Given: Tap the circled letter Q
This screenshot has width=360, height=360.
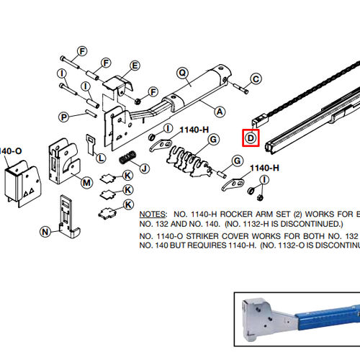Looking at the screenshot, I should point(182,72).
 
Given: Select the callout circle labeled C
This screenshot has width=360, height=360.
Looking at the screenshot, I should point(255,78).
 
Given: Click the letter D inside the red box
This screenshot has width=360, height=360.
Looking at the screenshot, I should point(250,138).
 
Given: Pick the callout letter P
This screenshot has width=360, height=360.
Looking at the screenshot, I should point(64,117).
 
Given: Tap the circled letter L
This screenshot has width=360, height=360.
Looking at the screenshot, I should point(101,157).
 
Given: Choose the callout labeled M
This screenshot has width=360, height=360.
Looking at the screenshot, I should point(86,182).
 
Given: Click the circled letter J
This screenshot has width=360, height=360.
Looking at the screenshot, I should point(144,169).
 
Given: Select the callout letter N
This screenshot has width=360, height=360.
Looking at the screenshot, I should point(45,231).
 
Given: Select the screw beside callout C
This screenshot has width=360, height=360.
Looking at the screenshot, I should point(240,90).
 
